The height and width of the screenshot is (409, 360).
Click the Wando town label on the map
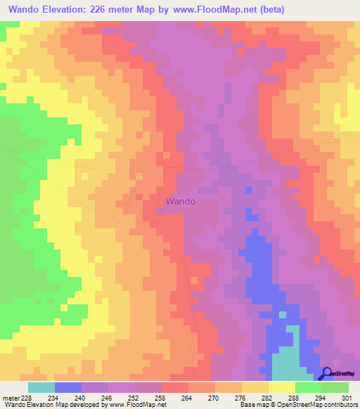[x=180, y=201]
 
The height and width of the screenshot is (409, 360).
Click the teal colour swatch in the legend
[x=41, y=387]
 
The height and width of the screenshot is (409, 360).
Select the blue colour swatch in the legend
[x=67, y=387]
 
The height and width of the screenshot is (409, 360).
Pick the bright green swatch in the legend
[x=308, y=387]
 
